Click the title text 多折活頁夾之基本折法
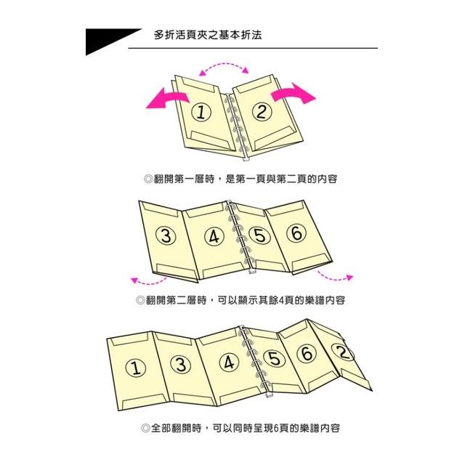coord(208,35)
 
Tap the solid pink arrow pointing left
coord(167,99)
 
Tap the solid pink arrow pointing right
coord(294,93)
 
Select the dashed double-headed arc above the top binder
coord(224,64)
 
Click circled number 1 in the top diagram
coord(201,113)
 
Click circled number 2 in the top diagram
coord(262,112)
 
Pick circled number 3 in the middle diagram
coord(166,235)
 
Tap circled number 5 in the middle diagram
coord(260,235)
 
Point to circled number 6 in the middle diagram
coord(296,232)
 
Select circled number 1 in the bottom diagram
coord(136,368)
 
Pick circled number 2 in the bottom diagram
coord(343,352)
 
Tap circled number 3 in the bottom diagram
coord(181,364)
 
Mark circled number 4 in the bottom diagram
coord(229,363)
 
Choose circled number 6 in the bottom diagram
coord(307,353)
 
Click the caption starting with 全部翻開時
coord(240,428)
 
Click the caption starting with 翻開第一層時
coord(240,179)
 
